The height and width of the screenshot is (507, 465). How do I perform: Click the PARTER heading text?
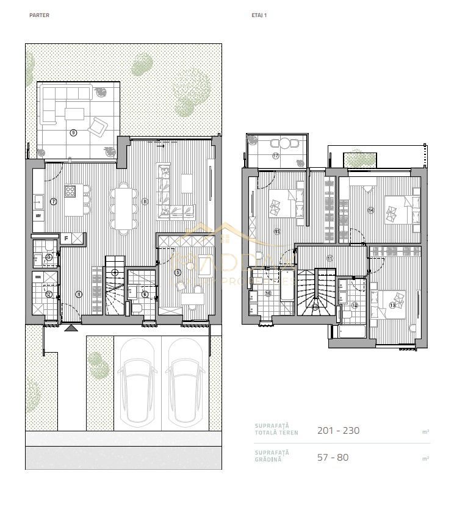[x=39, y=15]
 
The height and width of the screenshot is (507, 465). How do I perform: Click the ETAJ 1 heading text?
[x=259, y=15]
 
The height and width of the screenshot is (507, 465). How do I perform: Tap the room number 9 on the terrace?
[x=73, y=132]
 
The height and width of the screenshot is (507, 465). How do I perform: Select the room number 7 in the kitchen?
[x=54, y=201]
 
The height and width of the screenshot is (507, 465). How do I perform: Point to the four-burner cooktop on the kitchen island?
[x=70, y=191]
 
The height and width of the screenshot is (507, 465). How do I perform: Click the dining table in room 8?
[x=124, y=207]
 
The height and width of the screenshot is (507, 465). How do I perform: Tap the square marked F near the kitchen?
[x=65, y=239]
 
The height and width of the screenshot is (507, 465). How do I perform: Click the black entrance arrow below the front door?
[x=71, y=328]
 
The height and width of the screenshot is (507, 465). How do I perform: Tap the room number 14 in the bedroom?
[x=370, y=210]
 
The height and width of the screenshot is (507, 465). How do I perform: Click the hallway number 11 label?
[x=330, y=258]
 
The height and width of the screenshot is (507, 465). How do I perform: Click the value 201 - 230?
[x=338, y=430]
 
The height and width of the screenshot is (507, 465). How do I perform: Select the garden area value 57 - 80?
[x=333, y=457]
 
